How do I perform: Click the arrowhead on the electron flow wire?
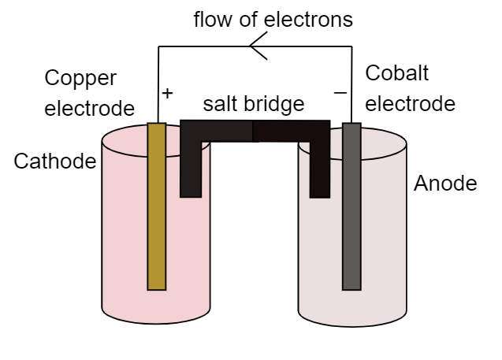pyautogui.click(x=256, y=49)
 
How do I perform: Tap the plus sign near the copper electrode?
pyautogui.click(x=167, y=93)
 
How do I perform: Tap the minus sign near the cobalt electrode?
pyautogui.click(x=340, y=93)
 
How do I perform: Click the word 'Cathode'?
pyautogui.click(x=54, y=161)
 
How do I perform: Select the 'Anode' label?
pyautogui.click(x=445, y=184)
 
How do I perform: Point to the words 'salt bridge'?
pyautogui.click(x=253, y=104)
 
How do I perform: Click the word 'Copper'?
pyautogui.click(x=80, y=78)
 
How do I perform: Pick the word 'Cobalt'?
pyautogui.click(x=397, y=73)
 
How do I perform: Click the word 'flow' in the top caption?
pyautogui.click(x=214, y=20)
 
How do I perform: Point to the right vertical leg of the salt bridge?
pyautogui.click(x=319, y=169)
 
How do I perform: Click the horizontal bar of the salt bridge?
pyautogui.click(x=254, y=130)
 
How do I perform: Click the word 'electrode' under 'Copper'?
pyautogui.click(x=89, y=108)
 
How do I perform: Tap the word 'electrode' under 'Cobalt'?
pyautogui.click(x=411, y=103)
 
